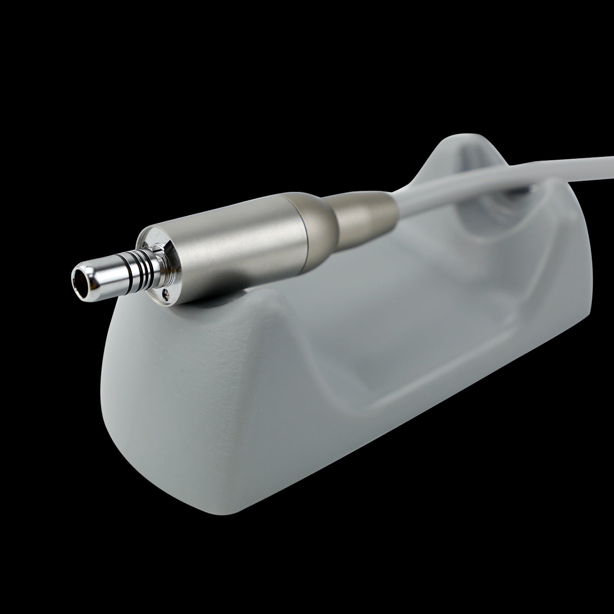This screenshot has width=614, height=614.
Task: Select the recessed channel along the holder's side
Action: tap(409, 368)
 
